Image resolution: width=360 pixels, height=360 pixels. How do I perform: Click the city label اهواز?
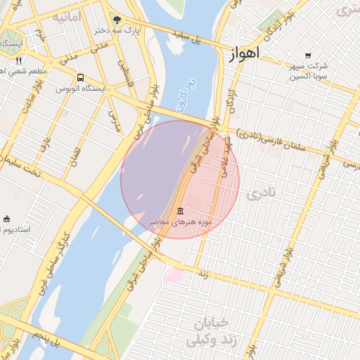[x=244, y=53]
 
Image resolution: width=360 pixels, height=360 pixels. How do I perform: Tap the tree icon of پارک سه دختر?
[x=116, y=20]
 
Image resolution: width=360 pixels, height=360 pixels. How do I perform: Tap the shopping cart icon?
[x=308, y=56]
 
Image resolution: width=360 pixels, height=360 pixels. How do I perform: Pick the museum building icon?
[x=181, y=211]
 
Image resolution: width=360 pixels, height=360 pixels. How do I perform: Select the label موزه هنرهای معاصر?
[x=181, y=222]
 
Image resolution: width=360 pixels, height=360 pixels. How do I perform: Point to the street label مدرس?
[x=113, y=120]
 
